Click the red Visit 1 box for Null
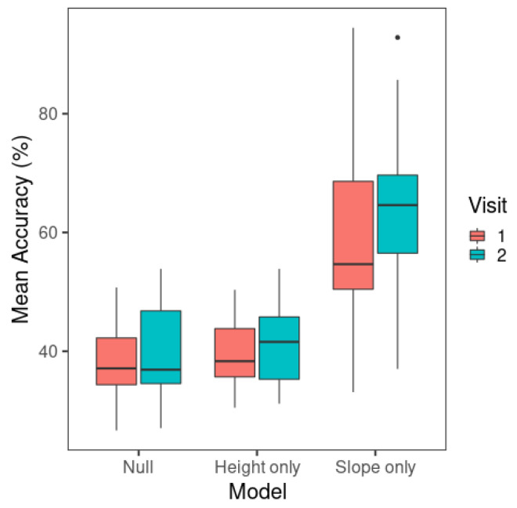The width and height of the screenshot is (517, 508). (116, 361)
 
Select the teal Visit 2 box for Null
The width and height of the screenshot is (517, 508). (161, 347)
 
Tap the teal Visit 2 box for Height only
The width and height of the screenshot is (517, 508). (279, 348)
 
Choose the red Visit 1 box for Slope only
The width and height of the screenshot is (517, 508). (352, 235)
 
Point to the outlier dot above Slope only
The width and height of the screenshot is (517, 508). (397, 38)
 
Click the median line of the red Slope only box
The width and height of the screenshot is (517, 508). (352, 264)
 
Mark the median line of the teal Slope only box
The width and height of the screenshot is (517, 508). (397, 205)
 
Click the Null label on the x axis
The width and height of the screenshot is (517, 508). (138, 467)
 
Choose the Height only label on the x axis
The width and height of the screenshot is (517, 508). (257, 467)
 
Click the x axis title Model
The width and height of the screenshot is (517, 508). (257, 492)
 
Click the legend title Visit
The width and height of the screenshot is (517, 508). (486, 205)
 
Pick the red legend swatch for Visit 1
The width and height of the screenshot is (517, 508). (478, 235)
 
